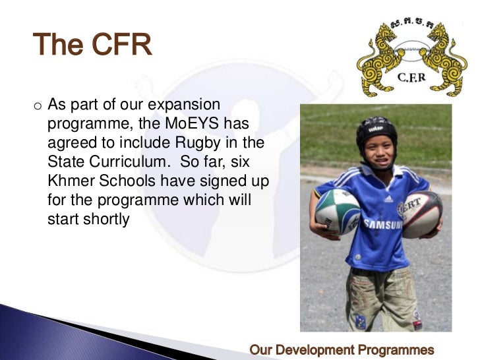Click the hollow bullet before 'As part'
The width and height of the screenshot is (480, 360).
point(37,105)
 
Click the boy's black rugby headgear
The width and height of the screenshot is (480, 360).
point(376,130)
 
